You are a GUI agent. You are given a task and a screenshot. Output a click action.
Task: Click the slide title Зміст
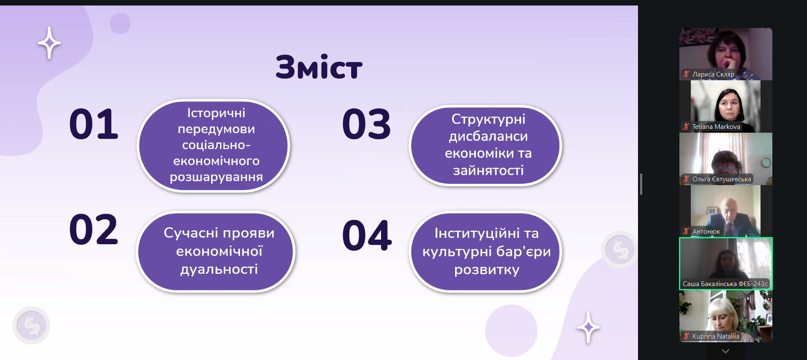coord(319,67)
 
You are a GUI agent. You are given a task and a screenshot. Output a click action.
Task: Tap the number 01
coord(94,124)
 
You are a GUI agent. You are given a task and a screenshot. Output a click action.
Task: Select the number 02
coord(94,229)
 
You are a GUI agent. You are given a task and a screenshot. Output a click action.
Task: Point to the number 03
coord(367,124)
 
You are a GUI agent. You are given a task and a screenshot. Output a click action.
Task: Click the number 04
coord(367,235)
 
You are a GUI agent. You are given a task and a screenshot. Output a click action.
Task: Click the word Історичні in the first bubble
coord(216,113)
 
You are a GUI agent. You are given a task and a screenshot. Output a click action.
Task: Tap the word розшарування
coord(216,177)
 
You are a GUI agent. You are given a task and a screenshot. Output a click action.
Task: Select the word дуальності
coord(219,270)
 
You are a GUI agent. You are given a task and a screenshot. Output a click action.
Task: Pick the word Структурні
coord(488,120)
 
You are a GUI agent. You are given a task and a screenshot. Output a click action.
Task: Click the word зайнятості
coord(488,170)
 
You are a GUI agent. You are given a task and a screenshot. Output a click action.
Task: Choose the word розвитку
coord(487,270)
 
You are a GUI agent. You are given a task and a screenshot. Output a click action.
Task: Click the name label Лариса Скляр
coord(713,74)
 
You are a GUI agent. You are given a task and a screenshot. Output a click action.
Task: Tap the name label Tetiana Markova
coord(716,127)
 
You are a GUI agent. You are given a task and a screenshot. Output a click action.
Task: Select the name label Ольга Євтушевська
coord(722,179)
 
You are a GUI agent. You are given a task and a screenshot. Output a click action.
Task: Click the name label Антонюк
coord(706,232)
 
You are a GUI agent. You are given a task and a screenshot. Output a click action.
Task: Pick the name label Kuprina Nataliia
coord(716,336)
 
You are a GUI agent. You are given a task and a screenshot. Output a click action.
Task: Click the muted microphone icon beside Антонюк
coord(686,232)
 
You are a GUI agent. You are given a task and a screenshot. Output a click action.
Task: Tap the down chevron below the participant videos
coord(725,351)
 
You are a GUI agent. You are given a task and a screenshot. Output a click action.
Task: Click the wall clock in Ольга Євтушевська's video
coord(766,163)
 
